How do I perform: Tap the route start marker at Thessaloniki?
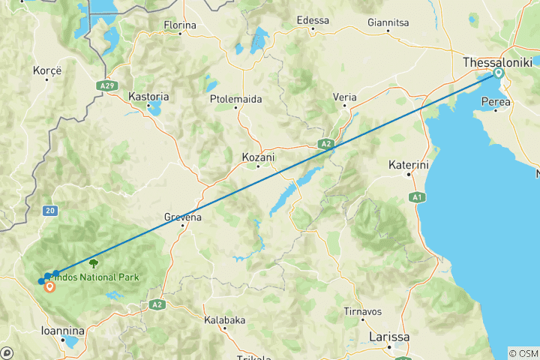[x=497, y=73]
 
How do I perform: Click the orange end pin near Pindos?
[x=49, y=286]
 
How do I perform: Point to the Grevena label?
[x=183, y=217]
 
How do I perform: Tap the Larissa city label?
[x=389, y=337]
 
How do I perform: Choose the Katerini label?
[x=409, y=163]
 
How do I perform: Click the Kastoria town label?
[x=148, y=97]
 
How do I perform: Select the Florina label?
[x=180, y=25]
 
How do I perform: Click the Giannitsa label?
[x=388, y=23]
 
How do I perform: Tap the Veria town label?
[x=344, y=97]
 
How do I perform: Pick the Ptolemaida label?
[x=235, y=97]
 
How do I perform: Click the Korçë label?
[x=46, y=71]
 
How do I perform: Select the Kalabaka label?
[x=224, y=319]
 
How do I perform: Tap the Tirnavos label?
[x=362, y=311]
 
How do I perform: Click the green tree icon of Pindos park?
[x=93, y=263]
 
